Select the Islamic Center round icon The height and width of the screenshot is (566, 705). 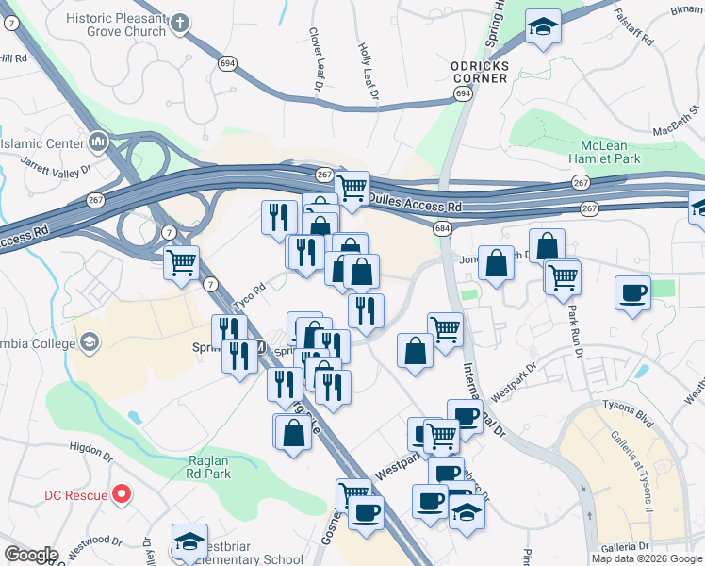click(98, 142)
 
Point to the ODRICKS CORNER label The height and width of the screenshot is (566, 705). click(479, 71)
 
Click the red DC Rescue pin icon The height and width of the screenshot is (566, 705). click(121, 493)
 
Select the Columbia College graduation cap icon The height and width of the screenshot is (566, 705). click(90, 342)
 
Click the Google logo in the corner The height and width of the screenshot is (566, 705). click(31, 555)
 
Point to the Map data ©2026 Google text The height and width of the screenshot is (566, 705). click(647, 558)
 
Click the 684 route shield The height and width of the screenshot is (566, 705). click(442, 229)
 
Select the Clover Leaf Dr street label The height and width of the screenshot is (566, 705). click(316, 59)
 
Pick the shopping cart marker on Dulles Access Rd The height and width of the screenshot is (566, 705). click(352, 187)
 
